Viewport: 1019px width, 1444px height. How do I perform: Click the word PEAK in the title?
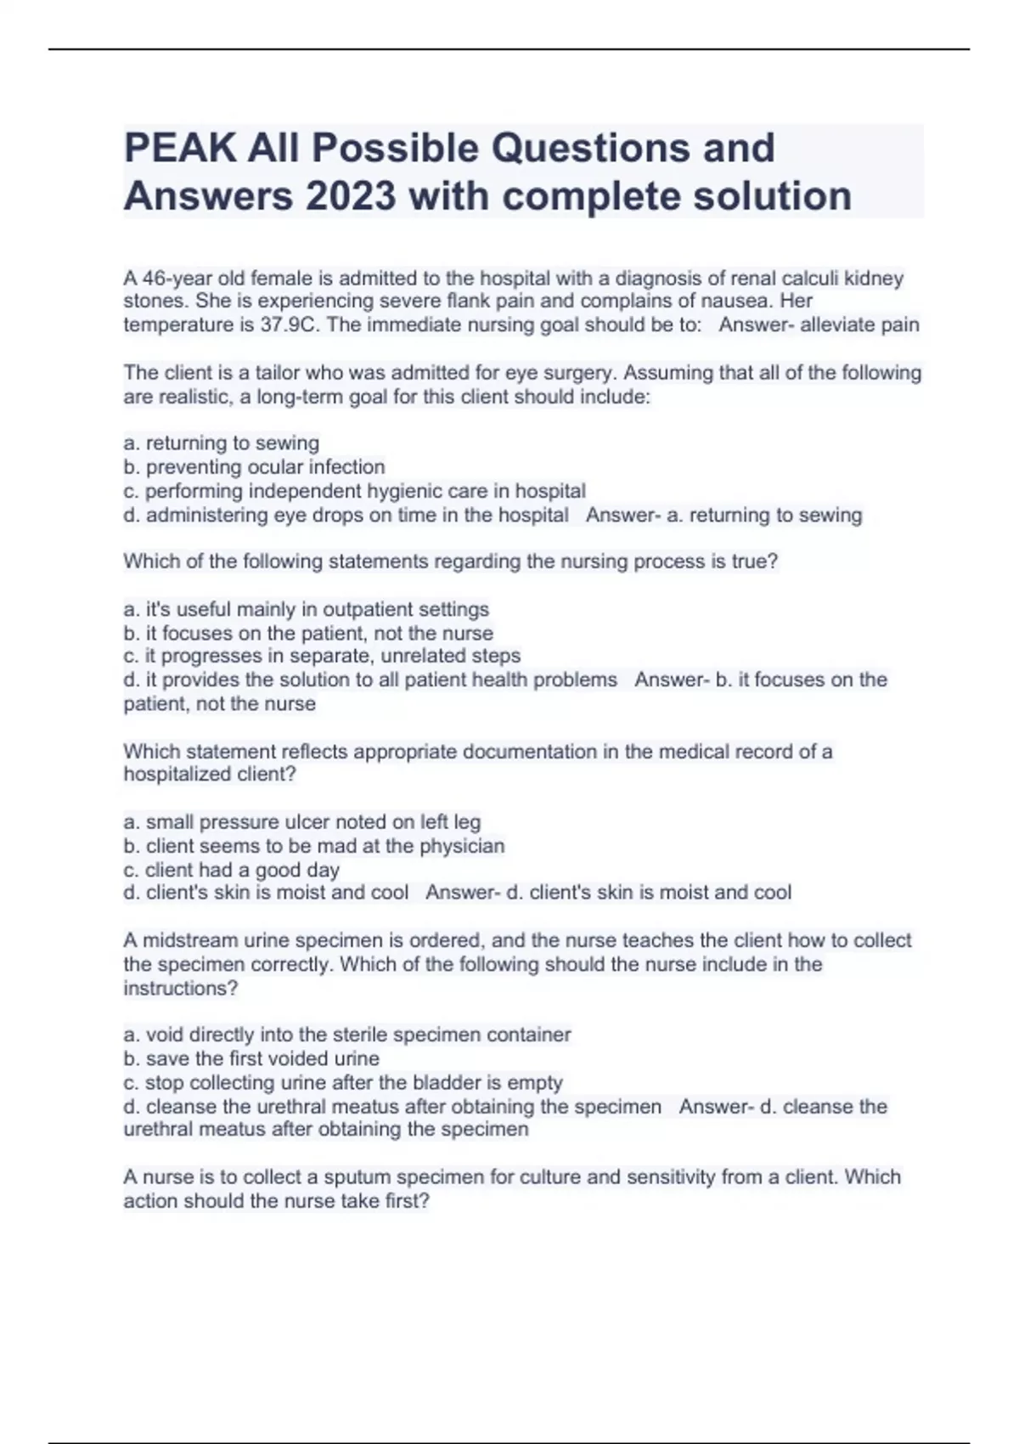click(181, 149)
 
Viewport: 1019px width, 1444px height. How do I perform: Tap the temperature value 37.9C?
click(292, 325)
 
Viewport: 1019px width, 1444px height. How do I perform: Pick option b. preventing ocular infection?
click(255, 467)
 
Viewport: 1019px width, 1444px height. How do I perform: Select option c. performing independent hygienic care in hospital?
click(355, 491)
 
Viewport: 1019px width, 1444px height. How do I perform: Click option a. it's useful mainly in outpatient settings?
click(307, 610)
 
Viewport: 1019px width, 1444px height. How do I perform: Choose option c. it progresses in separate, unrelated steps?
click(322, 657)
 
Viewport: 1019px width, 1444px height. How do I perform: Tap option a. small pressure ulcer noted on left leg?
click(302, 822)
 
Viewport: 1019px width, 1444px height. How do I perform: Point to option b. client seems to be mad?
click(314, 846)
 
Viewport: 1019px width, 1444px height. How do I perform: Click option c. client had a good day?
click(232, 870)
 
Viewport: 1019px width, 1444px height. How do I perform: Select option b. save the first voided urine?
click(251, 1059)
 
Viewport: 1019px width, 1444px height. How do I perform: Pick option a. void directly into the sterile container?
click(347, 1035)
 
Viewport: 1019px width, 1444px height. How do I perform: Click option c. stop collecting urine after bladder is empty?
click(343, 1083)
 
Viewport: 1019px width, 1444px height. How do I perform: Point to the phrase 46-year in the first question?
click(171, 279)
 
